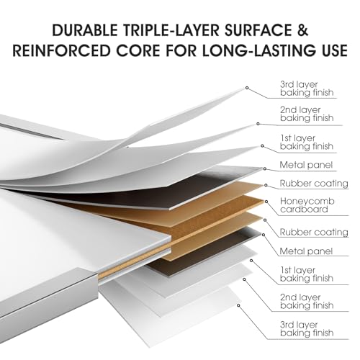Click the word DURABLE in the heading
coord(85,30)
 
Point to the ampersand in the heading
coord(303,30)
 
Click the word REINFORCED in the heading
coord(61,50)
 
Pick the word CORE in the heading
coord(138,50)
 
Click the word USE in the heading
coord(335,50)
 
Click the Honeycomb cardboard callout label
coord(307,205)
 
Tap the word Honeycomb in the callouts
coord(307,202)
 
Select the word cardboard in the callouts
coord(304,210)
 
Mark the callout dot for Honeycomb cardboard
coord(266,202)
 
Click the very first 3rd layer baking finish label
coord(307,89)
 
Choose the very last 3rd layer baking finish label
coord(307,329)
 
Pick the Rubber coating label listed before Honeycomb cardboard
coord(314,184)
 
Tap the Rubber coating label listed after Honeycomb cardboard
coord(314,233)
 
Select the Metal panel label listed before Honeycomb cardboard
coord(306,165)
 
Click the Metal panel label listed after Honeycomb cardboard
coord(306,251)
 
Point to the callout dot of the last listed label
coord(238,305)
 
